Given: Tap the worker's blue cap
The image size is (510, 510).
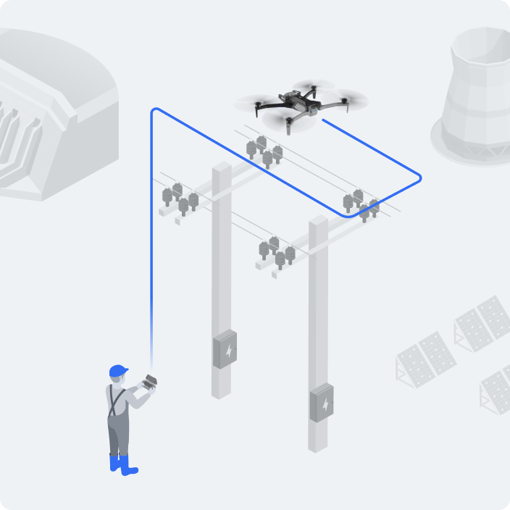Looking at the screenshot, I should pyautogui.click(x=117, y=372).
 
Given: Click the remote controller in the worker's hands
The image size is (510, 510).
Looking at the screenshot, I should pyautogui.click(x=151, y=382).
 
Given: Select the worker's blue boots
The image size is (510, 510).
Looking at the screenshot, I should pyautogui.click(x=122, y=464).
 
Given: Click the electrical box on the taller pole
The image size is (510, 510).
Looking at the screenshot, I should pyautogui.click(x=225, y=349).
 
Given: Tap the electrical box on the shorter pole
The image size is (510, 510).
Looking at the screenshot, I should pyautogui.click(x=322, y=402).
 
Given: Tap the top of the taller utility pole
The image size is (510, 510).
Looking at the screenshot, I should pyautogui.click(x=222, y=168).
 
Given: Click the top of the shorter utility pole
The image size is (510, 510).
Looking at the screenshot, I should pyautogui.click(x=318, y=221).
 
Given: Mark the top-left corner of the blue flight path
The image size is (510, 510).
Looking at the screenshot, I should pyautogui.click(x=152, y=111).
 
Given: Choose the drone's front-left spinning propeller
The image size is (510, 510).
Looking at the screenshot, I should pyautogui.click(x=258, y=104).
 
